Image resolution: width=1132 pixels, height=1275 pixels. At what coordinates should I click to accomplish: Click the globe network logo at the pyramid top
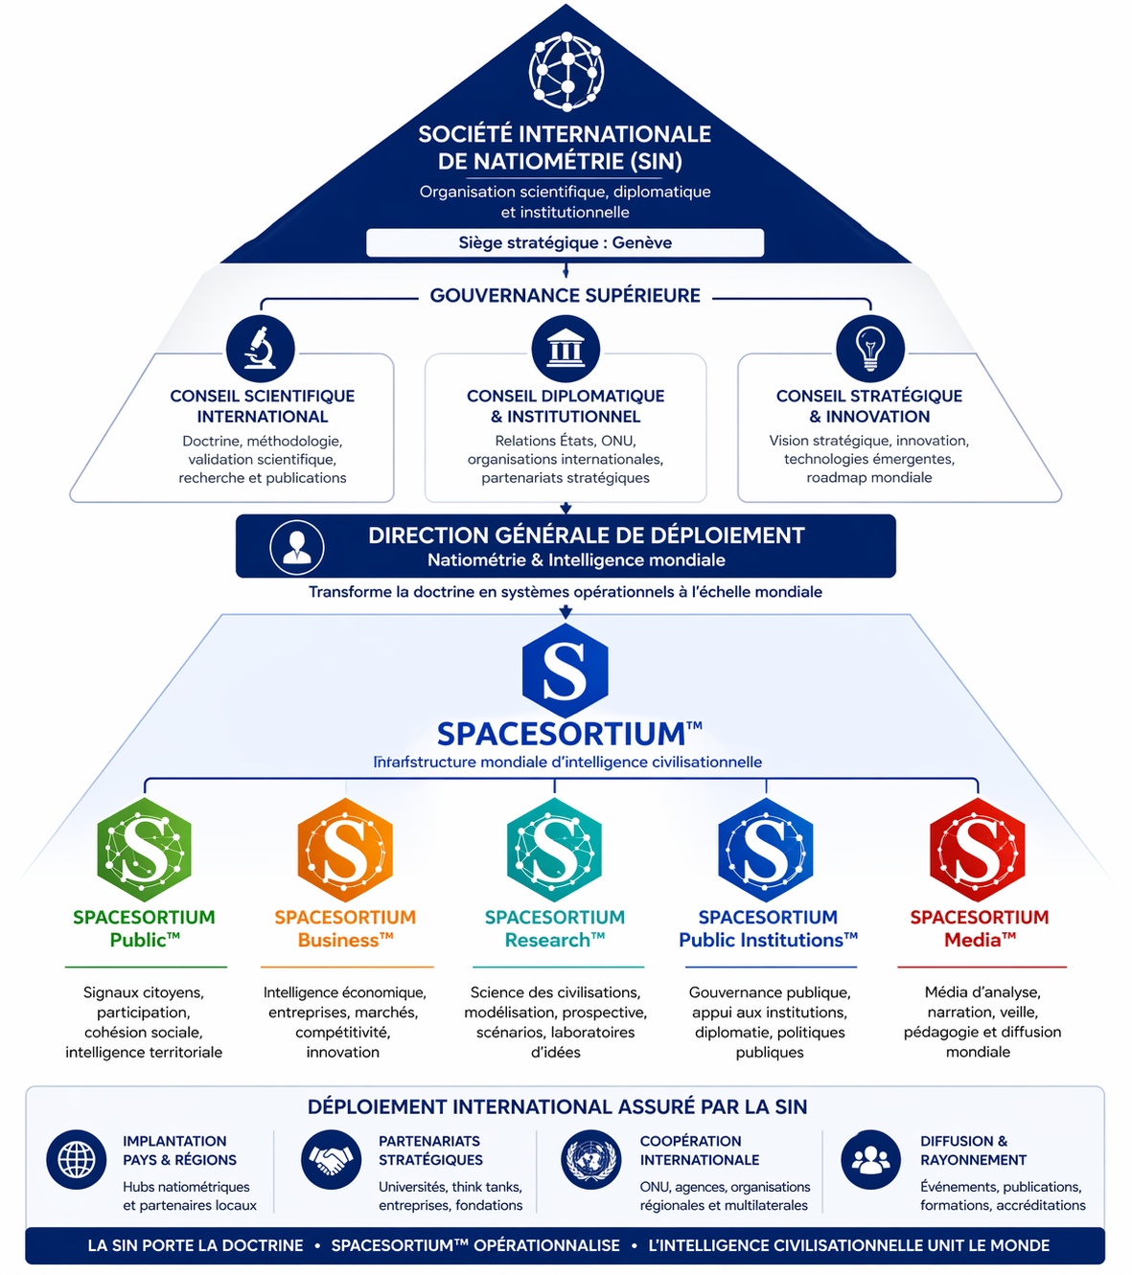coord(566,72)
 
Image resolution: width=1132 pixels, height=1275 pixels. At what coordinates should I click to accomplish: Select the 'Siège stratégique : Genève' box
coord(565,242)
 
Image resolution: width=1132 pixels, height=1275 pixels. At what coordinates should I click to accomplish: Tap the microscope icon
coord(260,348)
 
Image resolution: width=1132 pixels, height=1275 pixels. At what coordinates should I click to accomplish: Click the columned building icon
coord(566,348)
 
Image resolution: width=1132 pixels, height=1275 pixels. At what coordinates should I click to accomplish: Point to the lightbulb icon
coord(870,348)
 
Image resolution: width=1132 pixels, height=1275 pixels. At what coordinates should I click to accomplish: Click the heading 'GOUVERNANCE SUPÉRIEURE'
coord(565,295)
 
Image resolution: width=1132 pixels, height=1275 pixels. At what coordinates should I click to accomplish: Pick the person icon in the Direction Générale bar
coord(297,547)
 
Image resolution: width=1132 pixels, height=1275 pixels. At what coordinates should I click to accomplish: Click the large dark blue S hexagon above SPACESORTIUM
coord(566,671)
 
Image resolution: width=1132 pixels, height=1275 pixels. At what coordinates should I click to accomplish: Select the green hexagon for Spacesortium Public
coord(144,849)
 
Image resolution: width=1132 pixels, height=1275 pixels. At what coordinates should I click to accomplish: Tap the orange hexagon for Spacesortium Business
coord(345,849)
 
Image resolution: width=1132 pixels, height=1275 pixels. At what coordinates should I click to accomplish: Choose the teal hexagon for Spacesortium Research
coord(554,849)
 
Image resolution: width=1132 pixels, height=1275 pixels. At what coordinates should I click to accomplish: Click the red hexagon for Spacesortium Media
coord(977,849)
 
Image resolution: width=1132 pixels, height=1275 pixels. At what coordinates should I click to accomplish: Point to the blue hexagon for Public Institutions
coord(766,849)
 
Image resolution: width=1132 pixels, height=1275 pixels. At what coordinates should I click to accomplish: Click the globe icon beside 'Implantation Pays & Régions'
coord(76,1159)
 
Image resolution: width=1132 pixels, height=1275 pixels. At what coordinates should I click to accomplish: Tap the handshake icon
coord(331,1159)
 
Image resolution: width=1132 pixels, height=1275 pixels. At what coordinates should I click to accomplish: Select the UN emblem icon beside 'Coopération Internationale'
coord(590,1159)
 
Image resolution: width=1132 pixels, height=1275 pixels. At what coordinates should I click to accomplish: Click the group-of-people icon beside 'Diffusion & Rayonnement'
coord(870,1159)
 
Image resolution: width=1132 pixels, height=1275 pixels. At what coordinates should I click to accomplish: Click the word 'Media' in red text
coord(973,940)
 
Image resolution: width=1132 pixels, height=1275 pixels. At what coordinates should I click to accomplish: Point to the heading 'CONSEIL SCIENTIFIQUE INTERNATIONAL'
coord(263,406)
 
